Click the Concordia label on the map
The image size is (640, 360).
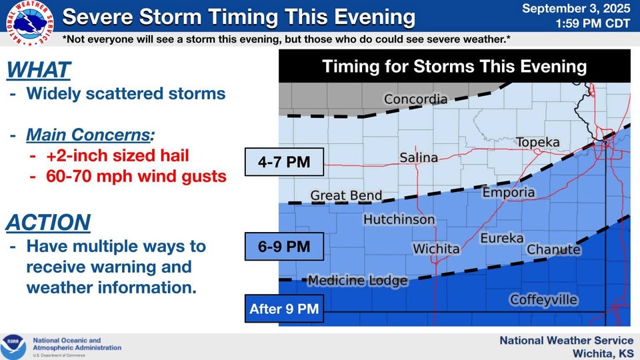tap(415, 99)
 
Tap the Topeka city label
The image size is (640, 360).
tap(538, 142)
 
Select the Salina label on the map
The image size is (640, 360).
tap(419, 157)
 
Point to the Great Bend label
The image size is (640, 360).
tap(346, 195)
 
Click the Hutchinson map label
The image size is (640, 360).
tap(399, 219)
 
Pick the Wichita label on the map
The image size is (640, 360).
tap(436, 249)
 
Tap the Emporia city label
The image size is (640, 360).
tap(509, 192)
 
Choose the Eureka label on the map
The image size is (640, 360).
tap(501, 238)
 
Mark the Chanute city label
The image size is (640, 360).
tap(553, 249)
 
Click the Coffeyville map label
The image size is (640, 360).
tap(544, 299)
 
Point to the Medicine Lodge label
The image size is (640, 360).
tap(357, 281)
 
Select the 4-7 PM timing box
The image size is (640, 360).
tap(284, 162)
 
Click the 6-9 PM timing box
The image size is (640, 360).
tap(284, 247)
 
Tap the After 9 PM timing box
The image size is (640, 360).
tap(284, 309)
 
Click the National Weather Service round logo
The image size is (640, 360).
tap(30, 23)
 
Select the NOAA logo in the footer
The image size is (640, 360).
tap(13, 347)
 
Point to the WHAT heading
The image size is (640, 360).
tap(39, 70)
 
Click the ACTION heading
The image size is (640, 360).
tap(48, 223)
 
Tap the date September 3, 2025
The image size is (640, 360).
tap(576, 8)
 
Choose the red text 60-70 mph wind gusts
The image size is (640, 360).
tap(136, 176)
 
